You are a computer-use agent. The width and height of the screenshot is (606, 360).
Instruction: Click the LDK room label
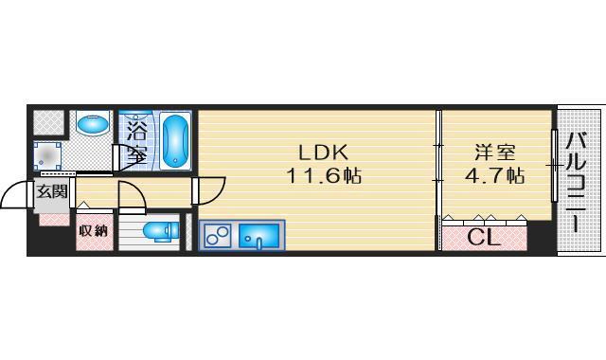click(x=324, y=153)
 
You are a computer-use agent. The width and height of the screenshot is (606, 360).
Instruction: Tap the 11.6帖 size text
click(x=324, y=176)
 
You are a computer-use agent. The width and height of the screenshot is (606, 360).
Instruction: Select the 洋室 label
click(x=495, y=153)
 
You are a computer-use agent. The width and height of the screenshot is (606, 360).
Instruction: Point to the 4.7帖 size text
click(x=494, y=176)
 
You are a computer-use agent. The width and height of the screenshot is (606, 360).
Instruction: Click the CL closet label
click(x=484, y=238)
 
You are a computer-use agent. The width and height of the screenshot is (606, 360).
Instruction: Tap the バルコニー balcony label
click(x=576, y=182)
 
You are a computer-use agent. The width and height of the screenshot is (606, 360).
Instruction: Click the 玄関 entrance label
click(x=52, y=191)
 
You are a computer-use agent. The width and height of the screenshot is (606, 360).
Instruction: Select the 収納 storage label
click(x=93, y=231)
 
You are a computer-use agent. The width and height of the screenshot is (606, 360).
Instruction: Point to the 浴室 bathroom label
click(x=137, y=141)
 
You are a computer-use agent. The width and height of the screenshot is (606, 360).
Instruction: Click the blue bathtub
click(x=176, y=141)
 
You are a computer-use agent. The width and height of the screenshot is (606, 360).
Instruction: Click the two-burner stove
click(x=217, y=235)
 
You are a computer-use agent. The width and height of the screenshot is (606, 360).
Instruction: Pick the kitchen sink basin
click(x=258, y=236)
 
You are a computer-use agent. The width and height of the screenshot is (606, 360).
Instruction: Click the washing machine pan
click(x=47, y=155)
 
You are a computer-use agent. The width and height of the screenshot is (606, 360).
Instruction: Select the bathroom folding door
click(x=130, y=158)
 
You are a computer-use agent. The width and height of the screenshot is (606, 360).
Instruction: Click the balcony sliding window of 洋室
click(x=554, y=166)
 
